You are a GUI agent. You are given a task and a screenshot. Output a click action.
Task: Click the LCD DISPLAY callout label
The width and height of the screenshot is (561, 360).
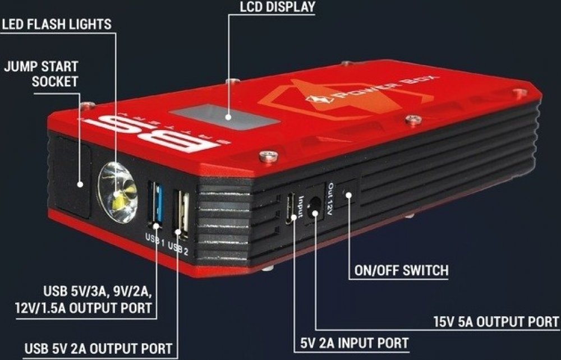click(277, 7)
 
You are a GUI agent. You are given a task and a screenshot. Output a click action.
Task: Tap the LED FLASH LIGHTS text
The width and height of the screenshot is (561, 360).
click(57, 24)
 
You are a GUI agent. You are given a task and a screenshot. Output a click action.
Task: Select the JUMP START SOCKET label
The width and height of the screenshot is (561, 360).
click(41, 74)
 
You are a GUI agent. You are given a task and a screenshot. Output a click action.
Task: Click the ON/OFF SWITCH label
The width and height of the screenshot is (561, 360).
click(402, 270)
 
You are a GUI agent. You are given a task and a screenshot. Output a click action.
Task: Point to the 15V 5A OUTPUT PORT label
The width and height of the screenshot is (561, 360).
click(496, 322)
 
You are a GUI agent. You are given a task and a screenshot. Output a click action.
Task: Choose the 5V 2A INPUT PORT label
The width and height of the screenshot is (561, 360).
click(355, 343)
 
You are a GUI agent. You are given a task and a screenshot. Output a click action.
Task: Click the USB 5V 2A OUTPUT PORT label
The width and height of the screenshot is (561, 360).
click(98, 349)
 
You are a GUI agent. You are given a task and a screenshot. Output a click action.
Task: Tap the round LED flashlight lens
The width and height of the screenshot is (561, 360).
click(118, 192)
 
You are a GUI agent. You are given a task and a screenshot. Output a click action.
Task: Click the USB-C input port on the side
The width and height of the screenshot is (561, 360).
click(290, 209)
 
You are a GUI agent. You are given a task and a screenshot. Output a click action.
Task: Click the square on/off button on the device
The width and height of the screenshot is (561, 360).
click(347, 193)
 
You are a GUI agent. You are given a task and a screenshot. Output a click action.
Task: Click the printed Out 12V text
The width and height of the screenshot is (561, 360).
click(330, 199)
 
